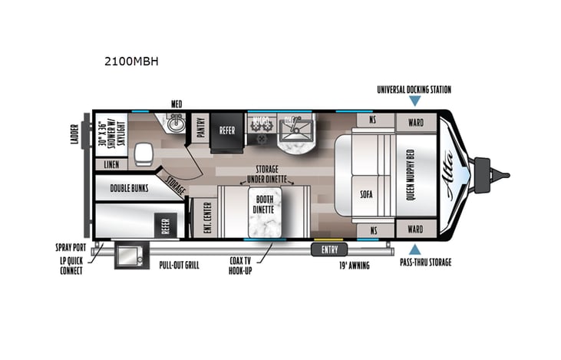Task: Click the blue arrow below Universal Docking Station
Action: coord(415,101)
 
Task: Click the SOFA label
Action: coord(367,193)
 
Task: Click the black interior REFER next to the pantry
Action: coord(226,130)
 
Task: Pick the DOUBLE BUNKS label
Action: coord(128,187)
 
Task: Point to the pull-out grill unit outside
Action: coord(127,256)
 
